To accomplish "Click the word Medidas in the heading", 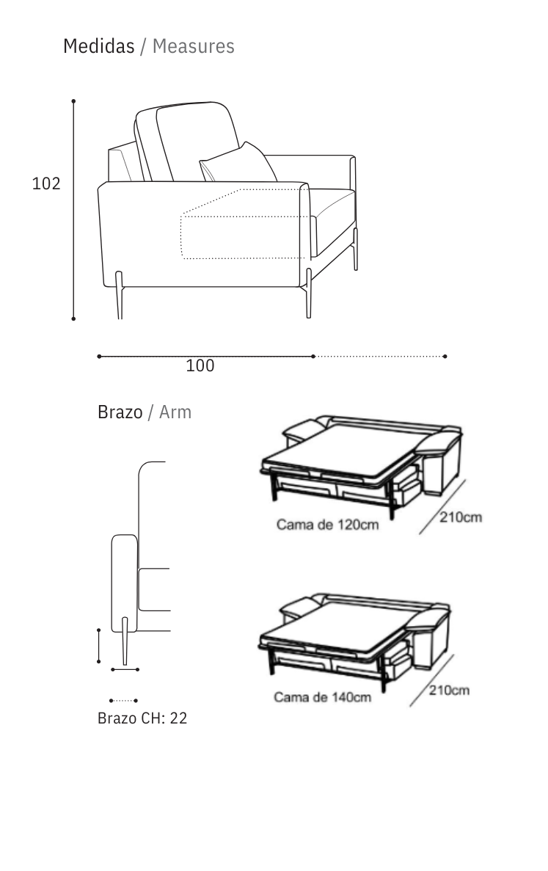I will point(98,46).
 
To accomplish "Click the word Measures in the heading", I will point(194,46).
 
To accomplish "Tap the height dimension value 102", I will point(46,183).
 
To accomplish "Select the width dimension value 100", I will point(200,365).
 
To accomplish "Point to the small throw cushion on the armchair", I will point(238,163).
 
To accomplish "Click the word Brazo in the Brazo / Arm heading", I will point(120,412).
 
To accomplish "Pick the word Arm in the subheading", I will point(175,412).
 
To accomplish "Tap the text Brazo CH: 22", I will point(142,718).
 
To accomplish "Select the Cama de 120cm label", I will point(327,525).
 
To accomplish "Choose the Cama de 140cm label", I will point(323,696).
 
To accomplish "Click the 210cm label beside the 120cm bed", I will point(461,518).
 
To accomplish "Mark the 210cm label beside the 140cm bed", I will point(448,690).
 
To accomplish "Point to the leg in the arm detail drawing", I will point(125,642).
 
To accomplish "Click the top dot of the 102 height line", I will point(73,101).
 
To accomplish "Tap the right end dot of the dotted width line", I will point(445,357).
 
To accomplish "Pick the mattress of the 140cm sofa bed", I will point(337,622).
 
